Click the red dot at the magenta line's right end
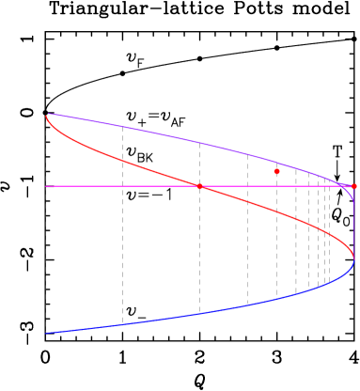[353, 186]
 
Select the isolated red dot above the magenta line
[276, 171]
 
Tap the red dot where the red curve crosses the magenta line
[199, 186]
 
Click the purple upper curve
[188, 139]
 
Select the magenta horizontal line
[113, 186]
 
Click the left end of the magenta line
[46, 186]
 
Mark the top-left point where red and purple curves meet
[47, 115]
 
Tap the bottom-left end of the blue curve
[46, 333]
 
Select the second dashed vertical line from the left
[122, 244]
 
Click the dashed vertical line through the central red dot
[199, 244]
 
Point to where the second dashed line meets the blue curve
[122, 324]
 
